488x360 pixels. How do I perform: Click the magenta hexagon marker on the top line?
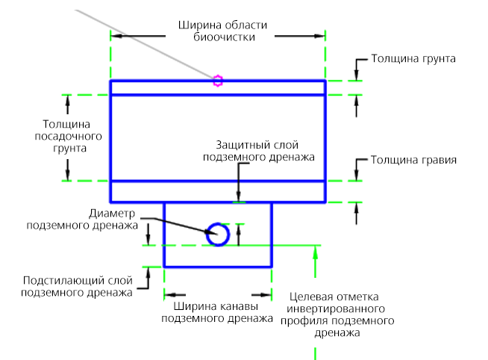(218, 81)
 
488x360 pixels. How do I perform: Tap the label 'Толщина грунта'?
(413, 59)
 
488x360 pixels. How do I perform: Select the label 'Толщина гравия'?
(413, 160)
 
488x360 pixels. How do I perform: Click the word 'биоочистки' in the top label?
(224, 37)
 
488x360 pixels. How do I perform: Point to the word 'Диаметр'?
(112, 214)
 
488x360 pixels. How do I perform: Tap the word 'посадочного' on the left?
(68, 137)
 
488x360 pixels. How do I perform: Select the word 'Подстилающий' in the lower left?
(64, 281)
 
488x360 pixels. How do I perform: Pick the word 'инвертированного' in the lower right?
(336, 309)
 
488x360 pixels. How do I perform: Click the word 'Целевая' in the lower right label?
(310, 297)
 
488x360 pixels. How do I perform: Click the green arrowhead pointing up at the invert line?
(316, 252)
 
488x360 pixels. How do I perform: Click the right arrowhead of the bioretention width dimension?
(319, 36)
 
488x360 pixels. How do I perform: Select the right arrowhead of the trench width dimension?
(266, 294)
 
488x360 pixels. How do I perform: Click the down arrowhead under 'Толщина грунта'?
(357, 75)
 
